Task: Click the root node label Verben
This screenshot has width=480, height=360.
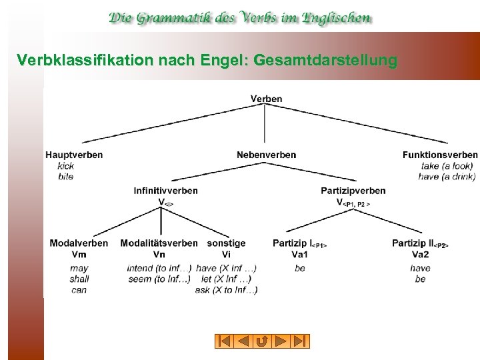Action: (x=266, y=99)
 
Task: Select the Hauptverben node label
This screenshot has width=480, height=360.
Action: (x=74, y=155)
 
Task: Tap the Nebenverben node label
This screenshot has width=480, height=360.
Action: (x=266, y=155)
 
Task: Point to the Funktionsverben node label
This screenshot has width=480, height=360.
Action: (x=440, y=155)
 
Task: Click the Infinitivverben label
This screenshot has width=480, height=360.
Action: (x=165, y=191)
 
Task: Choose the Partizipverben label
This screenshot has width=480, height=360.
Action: (x=353, y=191)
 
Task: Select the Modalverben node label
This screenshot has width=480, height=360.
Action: (x=79, y=243)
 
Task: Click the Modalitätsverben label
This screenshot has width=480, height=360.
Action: (x=159, y=243)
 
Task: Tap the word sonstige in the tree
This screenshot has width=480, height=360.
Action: (x=226, y=243)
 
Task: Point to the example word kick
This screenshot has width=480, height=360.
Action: (x=65, y=166)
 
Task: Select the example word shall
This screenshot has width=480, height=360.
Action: (x=79, y=279)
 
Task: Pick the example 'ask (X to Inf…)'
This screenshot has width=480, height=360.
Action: (x=226, y=290)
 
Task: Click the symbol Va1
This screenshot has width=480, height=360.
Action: (x=299, y=254)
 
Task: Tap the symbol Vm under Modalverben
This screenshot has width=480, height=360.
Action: (x=79, y=254)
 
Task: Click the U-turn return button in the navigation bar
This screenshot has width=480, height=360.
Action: (x=262, y=341)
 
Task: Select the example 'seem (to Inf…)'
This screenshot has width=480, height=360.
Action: (x=159, y=279)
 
